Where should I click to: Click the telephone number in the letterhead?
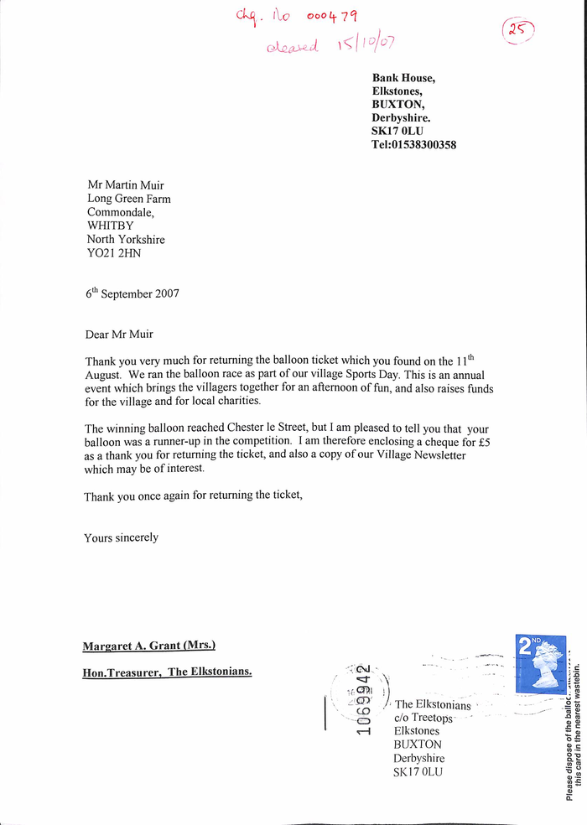click(413, 145)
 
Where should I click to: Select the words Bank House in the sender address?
click(403, 78)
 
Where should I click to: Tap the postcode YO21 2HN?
click(114, 252)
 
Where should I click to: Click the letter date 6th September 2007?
click(132, 293)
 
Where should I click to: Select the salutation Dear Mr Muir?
click(119, 335)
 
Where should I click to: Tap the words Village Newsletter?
click(418, 455)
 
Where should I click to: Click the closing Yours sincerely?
click(121, 537)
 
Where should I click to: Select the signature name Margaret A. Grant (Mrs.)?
click(149, 646)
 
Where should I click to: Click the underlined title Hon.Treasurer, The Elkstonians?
click(167, 672)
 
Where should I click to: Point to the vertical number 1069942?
click(363, 699)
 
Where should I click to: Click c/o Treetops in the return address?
click(423, 719)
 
